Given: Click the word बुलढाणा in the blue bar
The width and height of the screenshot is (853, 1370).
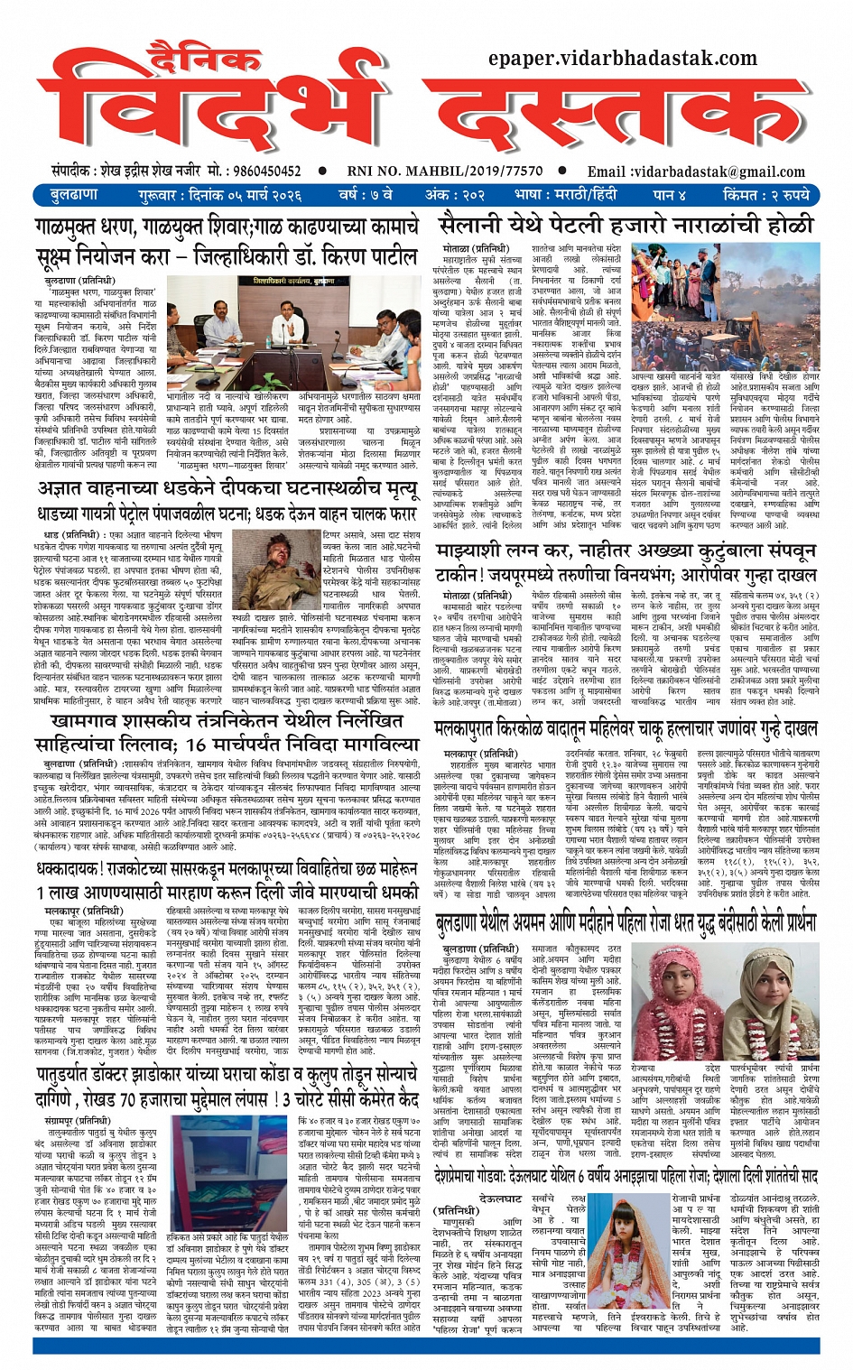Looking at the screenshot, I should point(74,194).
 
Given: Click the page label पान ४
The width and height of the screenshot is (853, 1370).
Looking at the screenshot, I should point(670,194).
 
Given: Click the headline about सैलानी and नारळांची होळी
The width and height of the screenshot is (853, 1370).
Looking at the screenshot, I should point(626,226).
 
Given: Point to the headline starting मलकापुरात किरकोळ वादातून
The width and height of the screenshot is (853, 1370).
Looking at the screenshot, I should point(626,728).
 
